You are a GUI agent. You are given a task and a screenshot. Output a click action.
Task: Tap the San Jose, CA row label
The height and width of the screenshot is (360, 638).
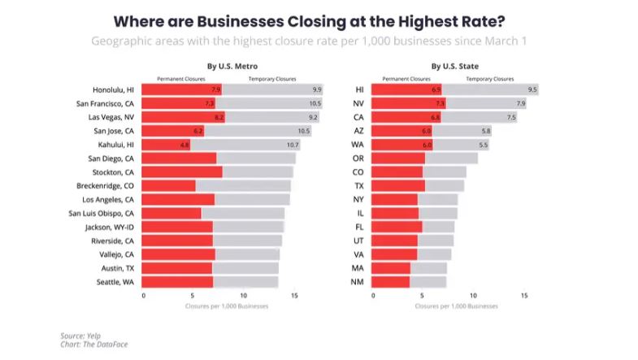coord(114,131)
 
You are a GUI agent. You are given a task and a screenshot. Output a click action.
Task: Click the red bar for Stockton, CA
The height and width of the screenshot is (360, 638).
coord(183,172)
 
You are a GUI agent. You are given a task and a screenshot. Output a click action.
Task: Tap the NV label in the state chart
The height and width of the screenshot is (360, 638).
coord(359,103)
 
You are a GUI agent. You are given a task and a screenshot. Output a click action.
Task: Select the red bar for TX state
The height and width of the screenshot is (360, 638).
coord(398,186)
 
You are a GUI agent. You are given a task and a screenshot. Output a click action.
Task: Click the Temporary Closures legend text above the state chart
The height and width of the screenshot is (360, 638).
coord(488,79)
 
